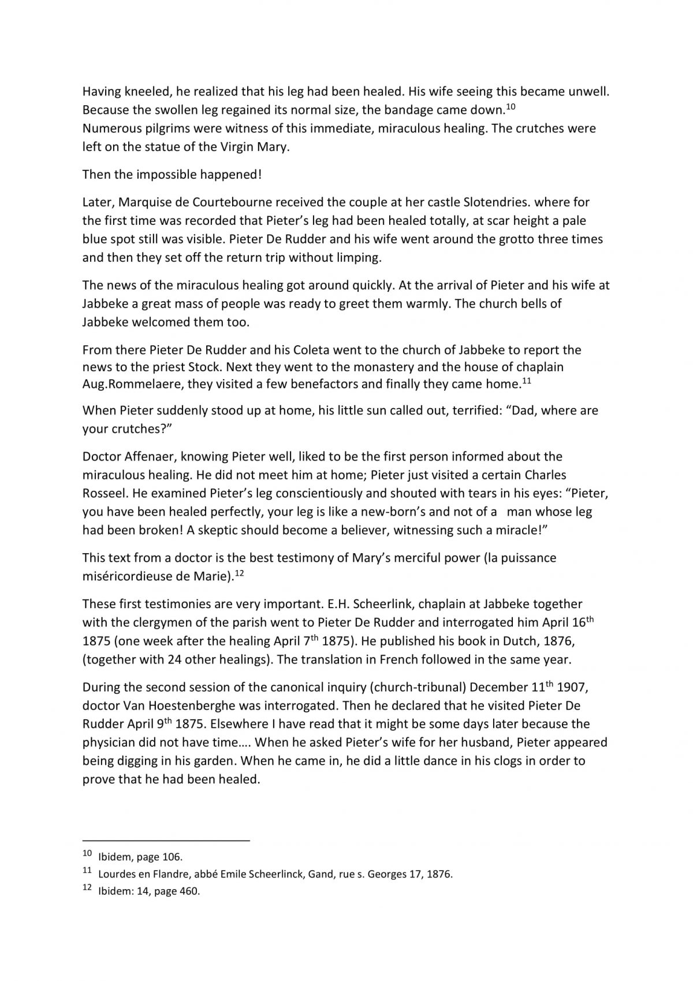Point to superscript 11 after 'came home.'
tap(526, 381)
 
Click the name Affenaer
tap(150, 457)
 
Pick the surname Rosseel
tap(103, 494)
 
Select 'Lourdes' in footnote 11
tap(117, 874)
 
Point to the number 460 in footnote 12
tap(189, 891)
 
